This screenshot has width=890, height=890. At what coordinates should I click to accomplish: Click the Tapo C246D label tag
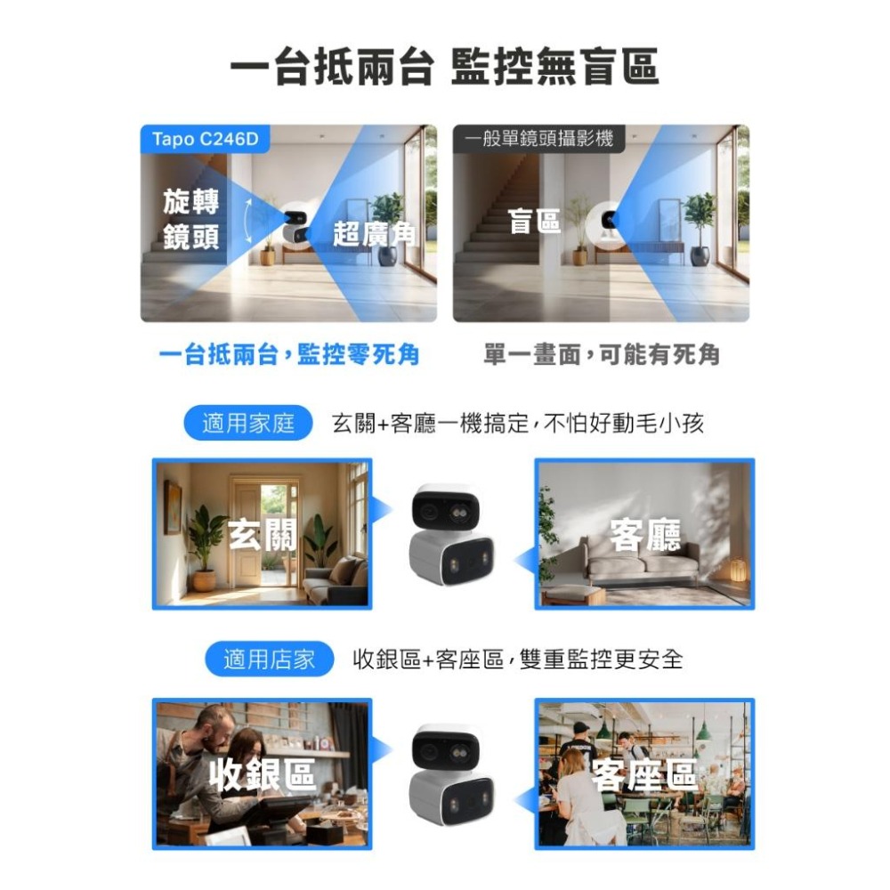[x=206, y=140]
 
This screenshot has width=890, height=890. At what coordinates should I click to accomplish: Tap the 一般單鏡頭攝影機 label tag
[x=538, y=140]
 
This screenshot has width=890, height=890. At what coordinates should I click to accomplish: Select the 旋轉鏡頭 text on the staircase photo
[x=191, y=219]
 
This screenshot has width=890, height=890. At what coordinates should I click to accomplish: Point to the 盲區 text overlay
[x=535, y=222]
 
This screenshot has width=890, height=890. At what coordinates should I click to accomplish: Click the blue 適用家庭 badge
[x=248, y=424]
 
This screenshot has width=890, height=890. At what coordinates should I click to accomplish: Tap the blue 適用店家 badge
[x=269, y=659]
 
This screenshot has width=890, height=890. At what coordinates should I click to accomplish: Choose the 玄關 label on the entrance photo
[x=263, y=535]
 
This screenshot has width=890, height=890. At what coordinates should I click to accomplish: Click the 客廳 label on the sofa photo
[x=645, y=534]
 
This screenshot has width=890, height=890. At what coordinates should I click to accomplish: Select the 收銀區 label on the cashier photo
[x=263, y=774]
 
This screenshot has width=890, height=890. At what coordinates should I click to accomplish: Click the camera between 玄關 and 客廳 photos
[x=452, y=534]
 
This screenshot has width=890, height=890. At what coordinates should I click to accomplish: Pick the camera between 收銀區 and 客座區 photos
[x=452, y=773]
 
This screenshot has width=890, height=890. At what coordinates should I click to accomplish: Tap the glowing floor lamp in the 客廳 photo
[x=739, y=570]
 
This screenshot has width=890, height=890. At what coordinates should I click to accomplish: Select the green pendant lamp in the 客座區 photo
[x=703, y=732]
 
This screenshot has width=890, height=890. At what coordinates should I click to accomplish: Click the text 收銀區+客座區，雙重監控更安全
[x=518, y=659]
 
